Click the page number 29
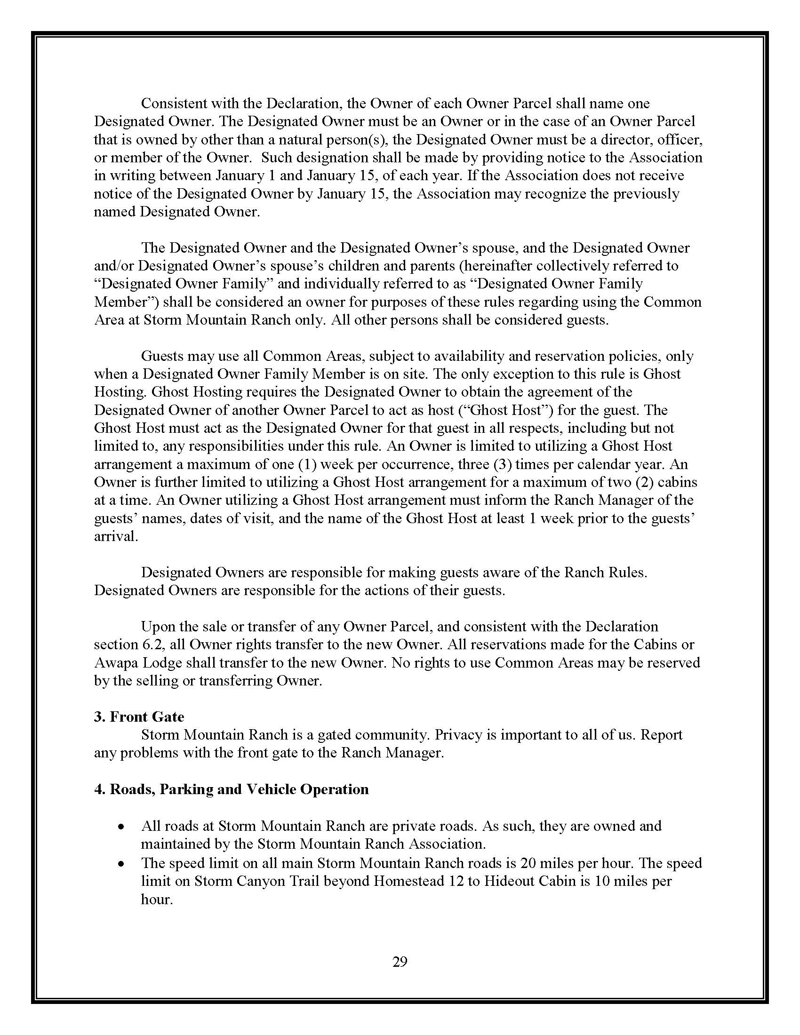pyautogui.click(x=400, y=962)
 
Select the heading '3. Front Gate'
pyautogui.click(x=139, y=717)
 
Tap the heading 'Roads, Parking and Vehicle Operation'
pyautogui.click(x=239, y=789)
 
